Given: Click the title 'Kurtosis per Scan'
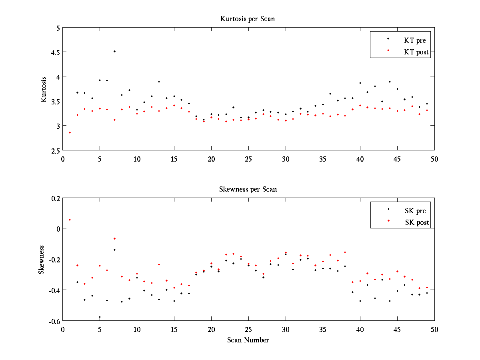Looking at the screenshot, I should tap(248, 19).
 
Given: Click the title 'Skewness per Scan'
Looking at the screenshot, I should tap(248, 189).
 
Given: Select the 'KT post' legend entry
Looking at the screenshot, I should tap(416, 52).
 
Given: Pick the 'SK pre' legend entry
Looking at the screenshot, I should tap(415, 211).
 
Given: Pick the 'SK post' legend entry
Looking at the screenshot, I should tap(416, 222).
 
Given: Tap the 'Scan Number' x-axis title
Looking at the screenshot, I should tap(248, 340).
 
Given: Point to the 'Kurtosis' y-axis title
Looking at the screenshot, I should tap(44, 89).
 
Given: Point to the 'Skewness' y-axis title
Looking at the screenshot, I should tap(41, 260).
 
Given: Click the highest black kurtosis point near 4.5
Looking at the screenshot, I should tap(114, 51).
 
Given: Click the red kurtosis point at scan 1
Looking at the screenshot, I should tap(70, 132).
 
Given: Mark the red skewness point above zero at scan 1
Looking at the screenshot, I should tap(70, 220).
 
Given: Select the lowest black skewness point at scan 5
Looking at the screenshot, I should tap(100, 317).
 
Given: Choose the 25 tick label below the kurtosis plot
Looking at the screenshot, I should tap(248, 158).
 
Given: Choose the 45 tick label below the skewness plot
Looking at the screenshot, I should tap(397, 329).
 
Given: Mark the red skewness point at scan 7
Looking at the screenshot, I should tap(114, 238).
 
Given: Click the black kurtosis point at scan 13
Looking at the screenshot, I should tap(159, 82).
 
